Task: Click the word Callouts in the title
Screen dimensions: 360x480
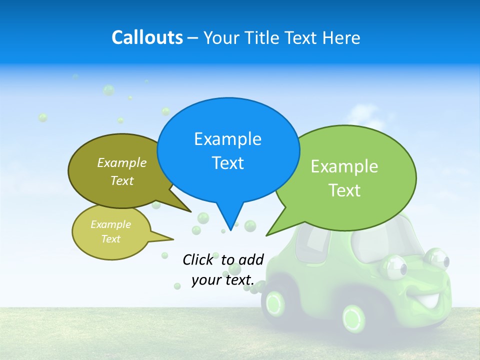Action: [x=147, y=37]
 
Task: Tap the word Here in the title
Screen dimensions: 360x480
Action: [x=342, y=38]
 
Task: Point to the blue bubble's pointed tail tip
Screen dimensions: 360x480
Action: [x=230, y=229]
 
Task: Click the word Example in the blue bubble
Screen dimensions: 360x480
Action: [x=227, y=139]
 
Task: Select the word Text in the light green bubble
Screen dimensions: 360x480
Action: [x=344, y=190]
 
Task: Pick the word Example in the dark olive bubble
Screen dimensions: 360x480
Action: [x=122, y=163]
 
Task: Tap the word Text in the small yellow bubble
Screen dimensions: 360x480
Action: [x=110, y=239]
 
